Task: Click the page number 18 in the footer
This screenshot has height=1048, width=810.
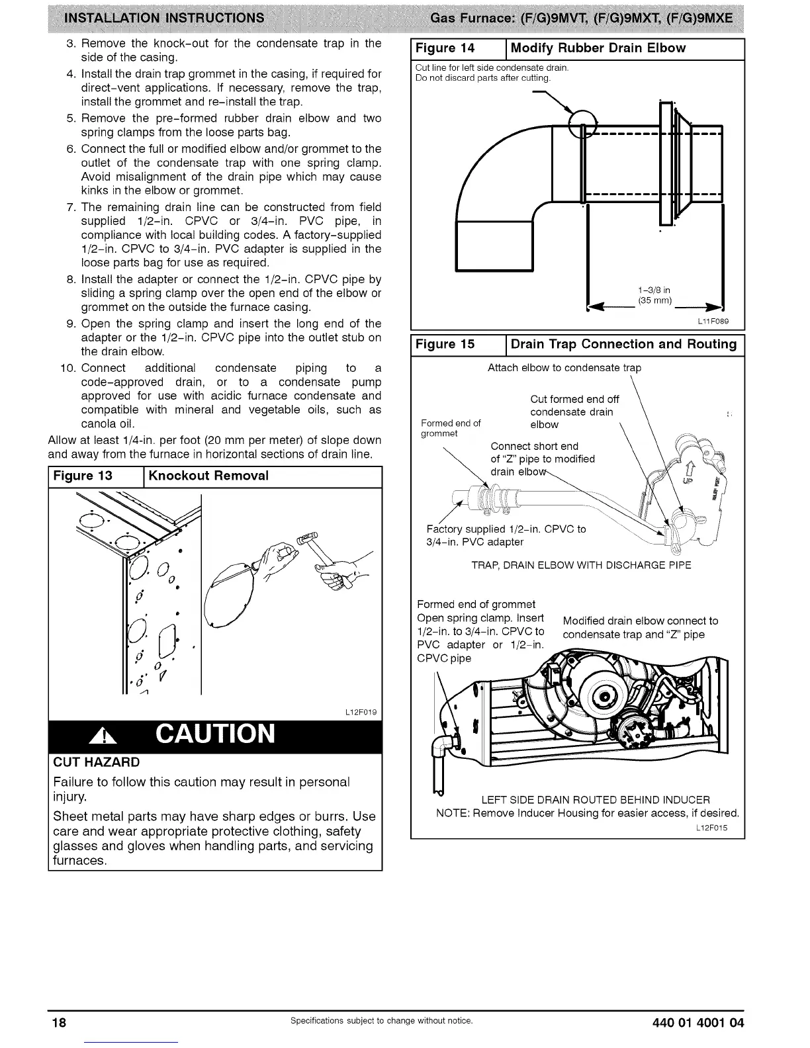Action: point(60,1022)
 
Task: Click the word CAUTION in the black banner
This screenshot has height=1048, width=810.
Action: point(215,734)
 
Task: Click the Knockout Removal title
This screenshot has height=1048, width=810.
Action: point(208,476)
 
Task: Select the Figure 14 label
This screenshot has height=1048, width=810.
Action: point(445,48)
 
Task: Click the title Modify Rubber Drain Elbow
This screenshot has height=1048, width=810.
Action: point(598,48)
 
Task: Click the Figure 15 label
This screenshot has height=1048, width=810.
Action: point(445,344)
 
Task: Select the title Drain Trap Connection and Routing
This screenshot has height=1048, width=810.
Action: point(623,344)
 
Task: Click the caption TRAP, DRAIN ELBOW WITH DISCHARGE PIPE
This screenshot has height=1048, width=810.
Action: point(580,565)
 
